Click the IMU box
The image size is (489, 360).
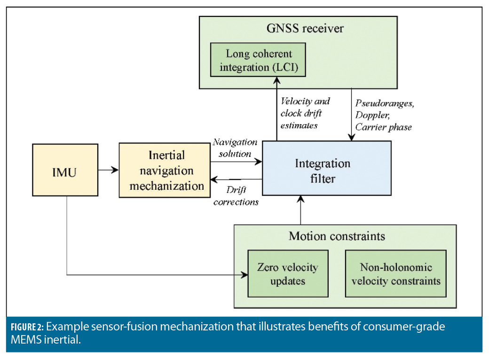tap(65, 170)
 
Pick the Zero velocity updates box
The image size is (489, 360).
tap(288, 274)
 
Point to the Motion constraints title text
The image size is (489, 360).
tap(336, 236)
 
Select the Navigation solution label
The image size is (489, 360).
tap(235, 147)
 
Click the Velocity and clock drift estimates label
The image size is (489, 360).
tap(305, 113)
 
